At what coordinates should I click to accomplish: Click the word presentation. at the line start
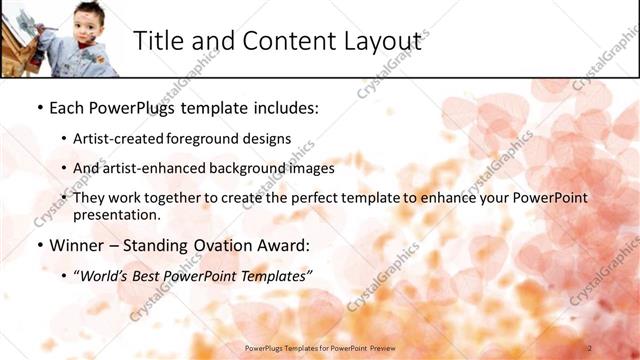pos(116,214)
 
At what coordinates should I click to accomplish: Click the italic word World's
pos(105,275)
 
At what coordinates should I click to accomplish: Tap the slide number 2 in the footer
pos(589,347)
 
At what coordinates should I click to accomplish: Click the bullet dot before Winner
pos(39,245)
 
